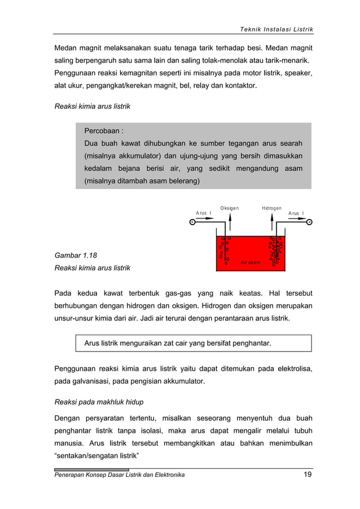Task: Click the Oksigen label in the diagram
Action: pos(229,208)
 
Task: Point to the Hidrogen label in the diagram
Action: pos(271,208)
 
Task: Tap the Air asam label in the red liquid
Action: pos(250,263)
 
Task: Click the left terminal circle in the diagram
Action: pos(192,222)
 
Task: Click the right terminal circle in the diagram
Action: pos(310,222)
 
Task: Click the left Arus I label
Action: pos(204,213)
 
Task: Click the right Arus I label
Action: pos(296,213)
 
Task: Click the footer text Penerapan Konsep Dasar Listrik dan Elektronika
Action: pos(119,475)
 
